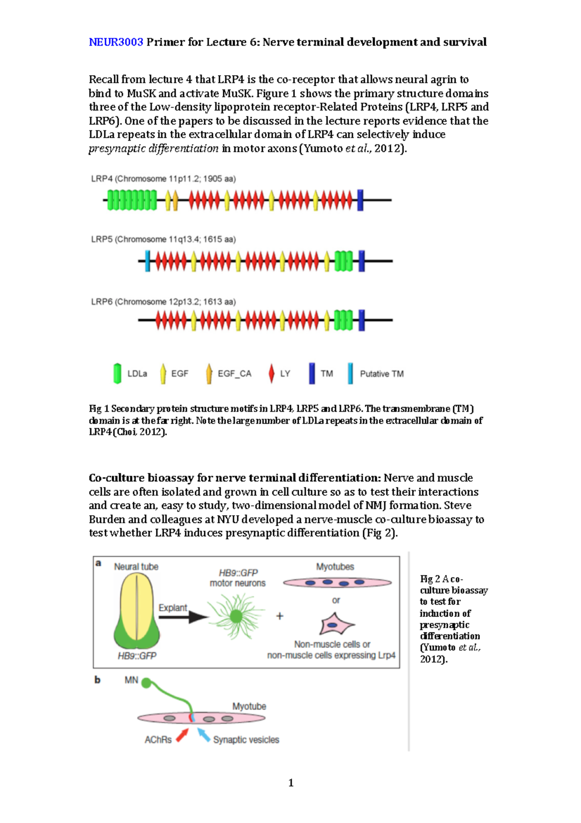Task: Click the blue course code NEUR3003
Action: pos(116,42)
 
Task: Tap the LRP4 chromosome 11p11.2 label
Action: pos(163,179)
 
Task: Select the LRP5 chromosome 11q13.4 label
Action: pos(163,239)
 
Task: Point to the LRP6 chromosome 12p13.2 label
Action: pos(163,302)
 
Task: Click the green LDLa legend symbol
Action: pos(117,374)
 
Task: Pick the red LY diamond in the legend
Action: pos(271,374)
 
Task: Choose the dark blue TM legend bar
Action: pos(312,374)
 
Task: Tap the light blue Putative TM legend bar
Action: pos(350,374)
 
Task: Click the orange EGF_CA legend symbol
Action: pos(209,374)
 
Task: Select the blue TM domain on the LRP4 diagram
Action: pos(360,200)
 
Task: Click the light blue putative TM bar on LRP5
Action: pos(148,261)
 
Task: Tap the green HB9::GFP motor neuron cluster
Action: pos(236,616)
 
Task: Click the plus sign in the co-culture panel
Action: pos(280,616)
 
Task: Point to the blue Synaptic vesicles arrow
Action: pos(203,735)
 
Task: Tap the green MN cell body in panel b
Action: pos(146,683)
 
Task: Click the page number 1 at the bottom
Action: pos(291,783)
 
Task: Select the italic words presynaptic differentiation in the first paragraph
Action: pos(153,148)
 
